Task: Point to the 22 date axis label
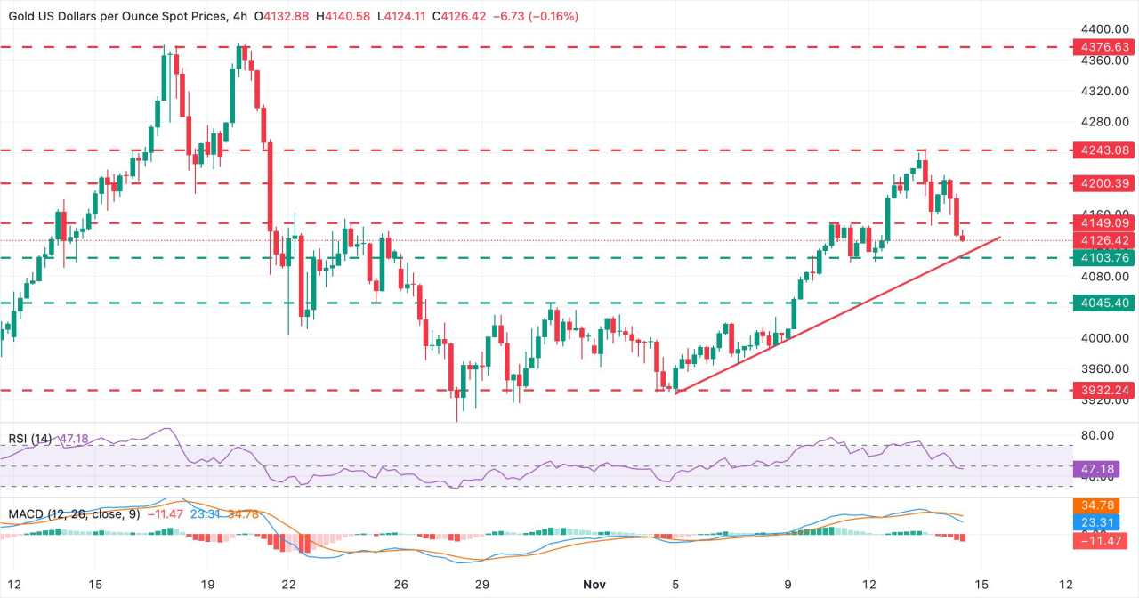tap(288, 583)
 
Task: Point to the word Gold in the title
tap(21, 16)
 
